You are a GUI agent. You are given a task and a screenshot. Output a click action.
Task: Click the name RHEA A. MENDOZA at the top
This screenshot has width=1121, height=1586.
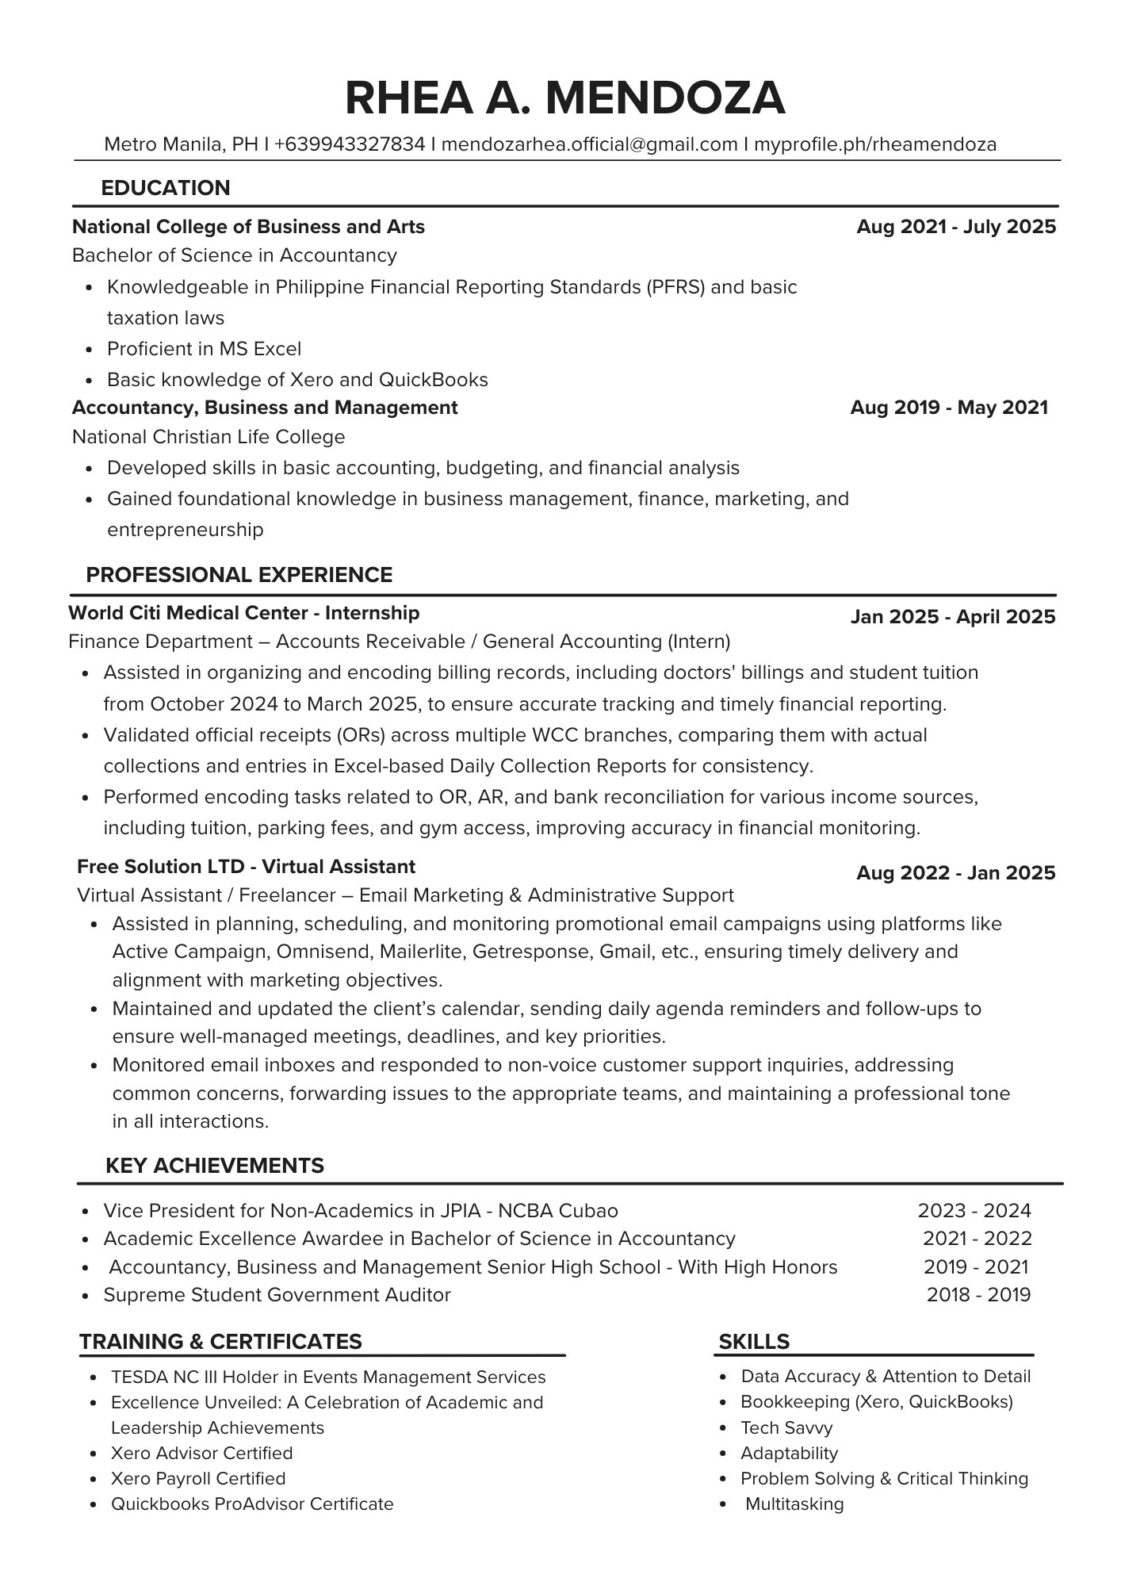click(564, 98)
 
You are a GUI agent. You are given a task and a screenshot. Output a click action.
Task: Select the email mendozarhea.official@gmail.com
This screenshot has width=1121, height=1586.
click(589, 144)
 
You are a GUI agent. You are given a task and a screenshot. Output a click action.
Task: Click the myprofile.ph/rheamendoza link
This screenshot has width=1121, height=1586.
click(874, 144)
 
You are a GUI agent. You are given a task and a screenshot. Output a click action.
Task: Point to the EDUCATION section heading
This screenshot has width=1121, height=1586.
click(166, 188)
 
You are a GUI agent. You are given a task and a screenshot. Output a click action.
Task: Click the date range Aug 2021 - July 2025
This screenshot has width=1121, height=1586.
click(956, 227)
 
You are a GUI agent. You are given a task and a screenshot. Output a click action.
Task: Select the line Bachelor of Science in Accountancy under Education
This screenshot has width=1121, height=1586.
click(234, 255)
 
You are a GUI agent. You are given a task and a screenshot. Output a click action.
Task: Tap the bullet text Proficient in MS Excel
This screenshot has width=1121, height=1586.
click(204, 349)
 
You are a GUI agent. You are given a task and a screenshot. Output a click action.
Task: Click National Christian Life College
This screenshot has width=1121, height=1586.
click(209, 437)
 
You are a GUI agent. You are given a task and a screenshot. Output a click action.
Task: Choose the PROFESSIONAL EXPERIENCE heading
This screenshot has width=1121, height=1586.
click(239, 575)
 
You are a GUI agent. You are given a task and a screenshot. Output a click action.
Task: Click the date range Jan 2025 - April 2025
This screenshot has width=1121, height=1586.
click(953, 617)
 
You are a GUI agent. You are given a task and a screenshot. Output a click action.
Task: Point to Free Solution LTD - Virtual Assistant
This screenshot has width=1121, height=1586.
click(246, 866)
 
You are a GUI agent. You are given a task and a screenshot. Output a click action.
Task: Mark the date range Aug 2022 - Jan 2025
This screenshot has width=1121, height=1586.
click(956, 873)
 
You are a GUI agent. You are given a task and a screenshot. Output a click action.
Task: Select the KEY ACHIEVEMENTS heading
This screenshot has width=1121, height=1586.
click(214, 1165)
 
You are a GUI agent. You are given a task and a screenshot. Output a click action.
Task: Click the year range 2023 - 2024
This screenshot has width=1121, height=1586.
click(974, 1210)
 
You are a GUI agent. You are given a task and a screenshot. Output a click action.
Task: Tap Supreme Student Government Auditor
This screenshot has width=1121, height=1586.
click(277, 1295)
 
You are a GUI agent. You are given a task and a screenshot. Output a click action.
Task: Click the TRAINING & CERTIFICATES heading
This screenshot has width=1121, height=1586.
click(220, 1341)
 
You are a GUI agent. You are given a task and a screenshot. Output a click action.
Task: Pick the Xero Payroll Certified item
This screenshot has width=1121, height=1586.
click(198, 1478)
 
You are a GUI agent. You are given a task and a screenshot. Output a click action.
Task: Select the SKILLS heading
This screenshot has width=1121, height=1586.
click(753, 1341)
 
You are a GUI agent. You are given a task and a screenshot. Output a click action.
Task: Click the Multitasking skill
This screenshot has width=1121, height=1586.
click(794, 1504)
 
